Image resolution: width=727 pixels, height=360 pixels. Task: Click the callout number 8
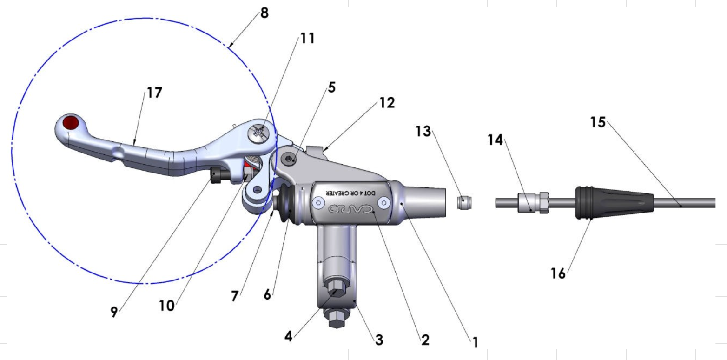[264, 13]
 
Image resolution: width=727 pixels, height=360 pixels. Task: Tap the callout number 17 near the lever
[154, 93]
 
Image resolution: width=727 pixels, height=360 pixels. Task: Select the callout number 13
[423, 131]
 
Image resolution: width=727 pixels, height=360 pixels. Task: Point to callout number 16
[558, 273]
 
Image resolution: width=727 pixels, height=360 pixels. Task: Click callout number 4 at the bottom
[289, 336]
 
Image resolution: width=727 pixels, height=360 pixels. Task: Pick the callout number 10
[166, 306]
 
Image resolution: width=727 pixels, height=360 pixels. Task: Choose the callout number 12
[387, 103]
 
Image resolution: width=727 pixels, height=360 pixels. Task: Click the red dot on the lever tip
[71, 123]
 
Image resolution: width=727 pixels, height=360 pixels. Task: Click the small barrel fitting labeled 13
[464, 203]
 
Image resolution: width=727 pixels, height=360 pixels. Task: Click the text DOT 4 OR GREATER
[350, 193]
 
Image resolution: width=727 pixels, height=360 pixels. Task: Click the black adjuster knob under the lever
[216, 175]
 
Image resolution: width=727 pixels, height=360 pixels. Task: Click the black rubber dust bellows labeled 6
[285, 204]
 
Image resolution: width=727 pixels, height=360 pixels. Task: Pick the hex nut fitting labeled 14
[534, 203]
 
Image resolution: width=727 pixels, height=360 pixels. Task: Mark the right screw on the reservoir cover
[383, 203]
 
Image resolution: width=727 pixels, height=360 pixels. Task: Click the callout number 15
[598, 122]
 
